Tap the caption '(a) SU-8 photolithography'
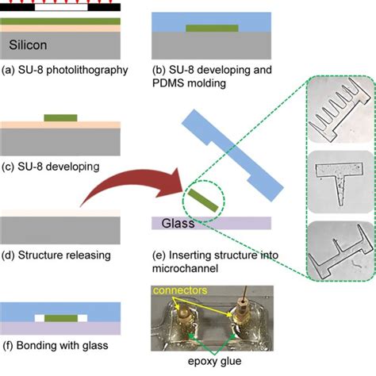point(65,70)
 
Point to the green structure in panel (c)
point(61,118)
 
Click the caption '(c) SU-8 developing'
point(51,167)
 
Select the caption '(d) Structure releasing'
point(56,255)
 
